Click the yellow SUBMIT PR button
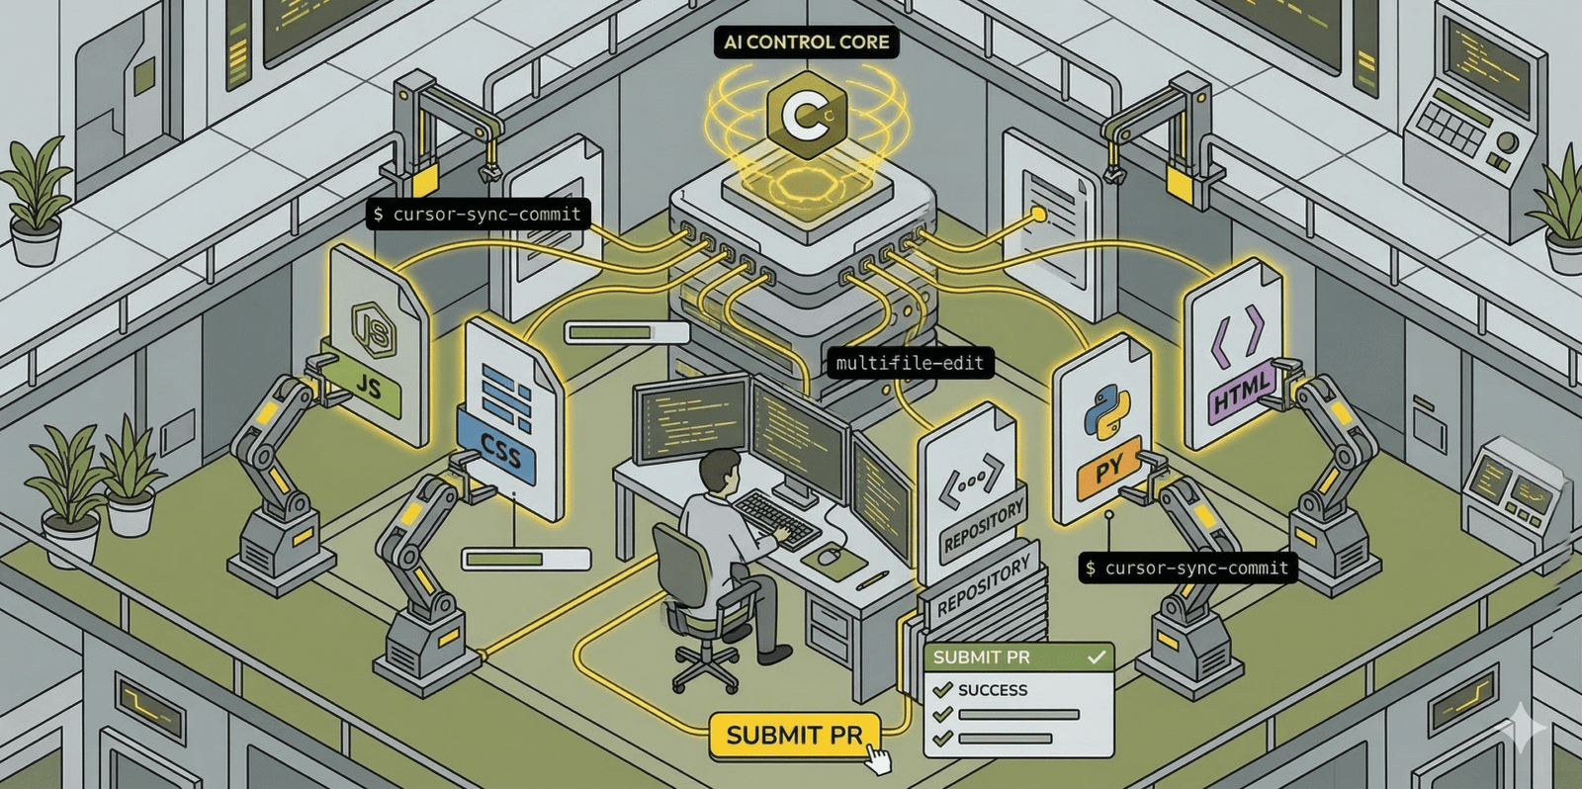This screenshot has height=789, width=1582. click(794, 736)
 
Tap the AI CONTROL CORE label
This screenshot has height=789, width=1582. click(806, 43)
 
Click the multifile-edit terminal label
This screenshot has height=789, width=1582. click(910, 363)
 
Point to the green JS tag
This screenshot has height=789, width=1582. click(367, 387)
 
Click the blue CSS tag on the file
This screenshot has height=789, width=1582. click(499, 451)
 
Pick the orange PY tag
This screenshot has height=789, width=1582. click(1108, 469)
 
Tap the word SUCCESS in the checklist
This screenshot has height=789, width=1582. click(992, 690)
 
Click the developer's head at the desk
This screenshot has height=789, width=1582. click(721, 470)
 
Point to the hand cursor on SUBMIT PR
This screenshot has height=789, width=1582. click(877, 760)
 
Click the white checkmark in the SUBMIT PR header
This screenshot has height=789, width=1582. click(1096, 657)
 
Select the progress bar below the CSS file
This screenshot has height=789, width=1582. click(526, 560)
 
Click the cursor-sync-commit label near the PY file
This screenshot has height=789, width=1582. click(1186, 568)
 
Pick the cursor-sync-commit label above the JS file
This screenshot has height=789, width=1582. click(478, 214)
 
